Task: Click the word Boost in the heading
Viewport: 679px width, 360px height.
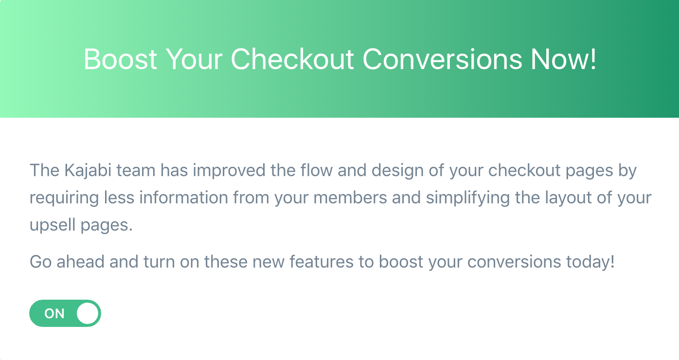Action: pos(120,59)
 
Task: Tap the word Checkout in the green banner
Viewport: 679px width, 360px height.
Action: pos(292,59)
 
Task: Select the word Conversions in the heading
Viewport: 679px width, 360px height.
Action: pos(443,59)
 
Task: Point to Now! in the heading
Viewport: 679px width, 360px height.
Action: pos(563,59)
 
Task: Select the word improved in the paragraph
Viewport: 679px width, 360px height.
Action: pos(229,171)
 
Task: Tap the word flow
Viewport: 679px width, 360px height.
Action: pos(317,170)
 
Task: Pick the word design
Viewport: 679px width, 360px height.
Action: pos(397,171)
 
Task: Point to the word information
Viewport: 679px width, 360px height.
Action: pos(184,198)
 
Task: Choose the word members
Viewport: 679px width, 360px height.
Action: pos(350,198)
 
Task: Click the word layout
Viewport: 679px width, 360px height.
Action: pos(568,198)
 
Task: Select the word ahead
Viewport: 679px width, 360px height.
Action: pos(80,261)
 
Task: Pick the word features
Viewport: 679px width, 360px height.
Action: pos(322,261)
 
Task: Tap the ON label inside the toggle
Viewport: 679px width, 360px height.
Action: pos(54,314)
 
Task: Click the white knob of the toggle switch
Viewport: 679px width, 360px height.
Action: pos(87,313)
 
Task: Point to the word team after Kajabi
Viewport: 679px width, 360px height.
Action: pos(136,171)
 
